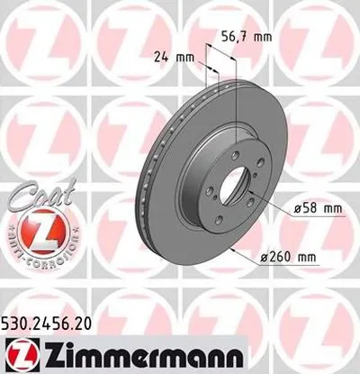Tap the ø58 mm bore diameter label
318,208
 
